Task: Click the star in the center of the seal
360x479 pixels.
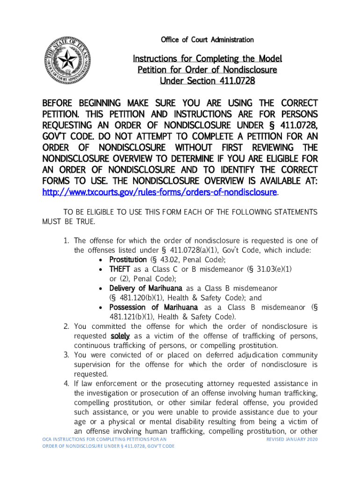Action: click(66, 59)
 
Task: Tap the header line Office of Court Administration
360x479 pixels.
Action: click(207, 40)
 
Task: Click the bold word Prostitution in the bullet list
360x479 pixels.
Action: click(128, 260)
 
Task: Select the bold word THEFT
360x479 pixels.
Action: click(120, 269)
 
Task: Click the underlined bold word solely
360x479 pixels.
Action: click(120, 336)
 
